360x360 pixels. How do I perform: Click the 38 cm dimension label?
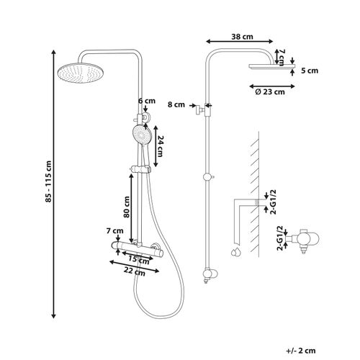pos(242,37)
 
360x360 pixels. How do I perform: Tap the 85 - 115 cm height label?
pos(48,181)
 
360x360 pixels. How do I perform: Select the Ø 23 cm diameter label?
pos(270,92)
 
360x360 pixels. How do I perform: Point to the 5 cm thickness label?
pos(310,71)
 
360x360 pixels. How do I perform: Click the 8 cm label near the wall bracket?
pos(176,104)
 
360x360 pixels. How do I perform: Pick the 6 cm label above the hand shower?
pos(147,101)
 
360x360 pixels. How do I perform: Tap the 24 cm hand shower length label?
pos(160,146)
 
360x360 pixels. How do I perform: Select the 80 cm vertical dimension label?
pos(127,207)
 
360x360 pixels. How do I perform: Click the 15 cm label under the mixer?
pos(139,259)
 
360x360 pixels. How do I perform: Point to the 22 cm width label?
pos(135,271)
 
